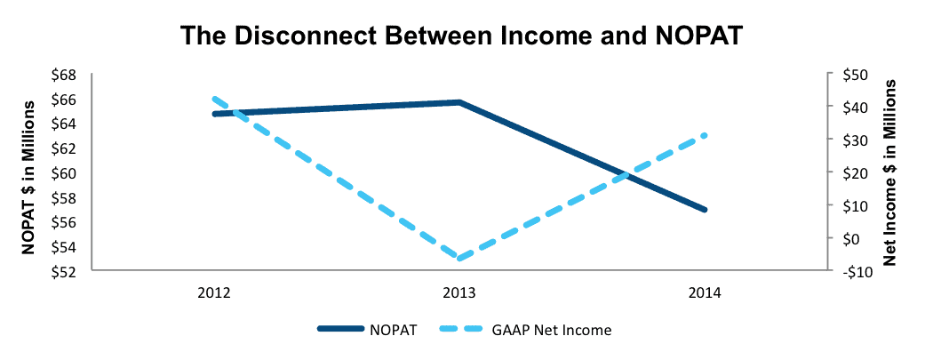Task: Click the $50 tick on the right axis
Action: point(850,75)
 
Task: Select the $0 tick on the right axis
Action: point(847,238)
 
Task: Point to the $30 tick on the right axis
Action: point(850,140)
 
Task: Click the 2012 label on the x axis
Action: point(214,293)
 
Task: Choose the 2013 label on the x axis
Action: point(459,293)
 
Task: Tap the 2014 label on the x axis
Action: point(705,293)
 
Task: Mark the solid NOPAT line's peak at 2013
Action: point(459,102)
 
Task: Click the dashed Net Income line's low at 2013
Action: point(459,258)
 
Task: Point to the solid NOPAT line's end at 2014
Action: point(705,210)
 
